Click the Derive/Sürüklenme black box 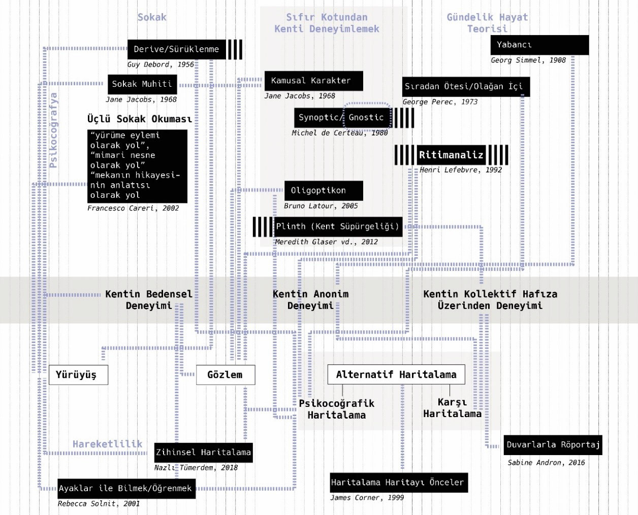coord(176,49)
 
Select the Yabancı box coord(539,45)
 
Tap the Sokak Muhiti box coord(142,84)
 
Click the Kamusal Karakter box coord(313,81)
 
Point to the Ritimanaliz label coord(451,155)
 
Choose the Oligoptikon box coord(324,191)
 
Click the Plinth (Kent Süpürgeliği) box coord(338,226)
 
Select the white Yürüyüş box coord(78,374)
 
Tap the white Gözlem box coord(226,374)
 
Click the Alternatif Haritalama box coord(396,374)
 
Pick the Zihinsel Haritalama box coord(203,453)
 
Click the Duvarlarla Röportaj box coord(553,445)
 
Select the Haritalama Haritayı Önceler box coord(399,483)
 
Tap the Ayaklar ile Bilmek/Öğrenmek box coord(126,489)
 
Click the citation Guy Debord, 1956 coord(161,64)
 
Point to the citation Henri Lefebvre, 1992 coord(460,170)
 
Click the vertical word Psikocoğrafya coord(53,130)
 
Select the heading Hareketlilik coord(107,444)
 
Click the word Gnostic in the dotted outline coord(366,117)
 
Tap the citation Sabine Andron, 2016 coord(546,463)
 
